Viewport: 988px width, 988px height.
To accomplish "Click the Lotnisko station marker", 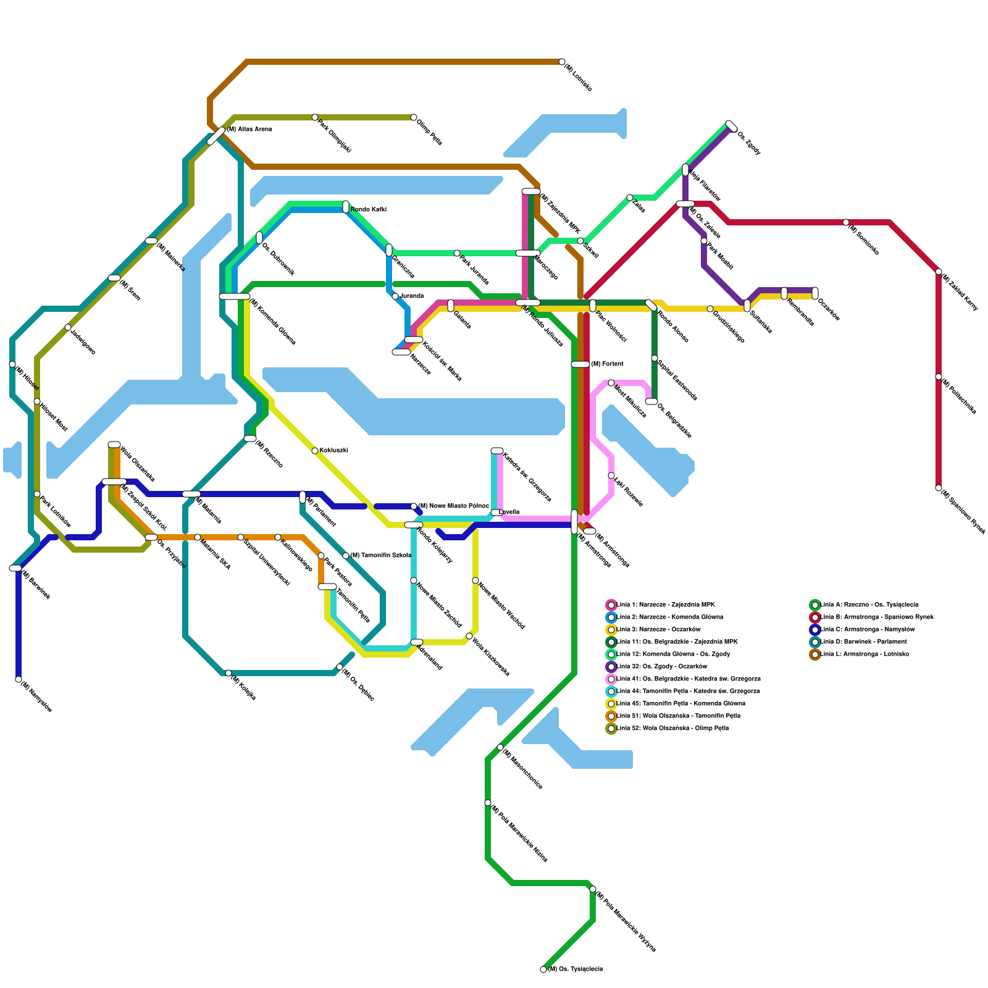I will point(562,62).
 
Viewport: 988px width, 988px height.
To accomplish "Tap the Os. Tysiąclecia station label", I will point(575,969).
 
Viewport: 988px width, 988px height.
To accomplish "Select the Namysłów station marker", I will point(19,679).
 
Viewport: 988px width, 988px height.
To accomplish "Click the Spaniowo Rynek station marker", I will point(939,488).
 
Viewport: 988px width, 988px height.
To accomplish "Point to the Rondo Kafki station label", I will point(368,210).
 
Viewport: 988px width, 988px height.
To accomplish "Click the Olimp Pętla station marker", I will point(414,117).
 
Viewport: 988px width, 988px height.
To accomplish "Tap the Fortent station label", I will point(607,364).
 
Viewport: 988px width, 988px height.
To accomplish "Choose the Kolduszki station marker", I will point(315,451).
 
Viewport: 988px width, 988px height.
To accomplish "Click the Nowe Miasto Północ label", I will point(453,506).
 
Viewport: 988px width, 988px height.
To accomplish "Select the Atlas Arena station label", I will point(249,130).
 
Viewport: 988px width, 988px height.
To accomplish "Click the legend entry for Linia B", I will point(876,617).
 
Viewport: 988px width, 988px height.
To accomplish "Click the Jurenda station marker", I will point(395,296).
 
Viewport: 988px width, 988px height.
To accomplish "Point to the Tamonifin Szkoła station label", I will point(380,556).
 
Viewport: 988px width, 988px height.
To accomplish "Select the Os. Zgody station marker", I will point(731,126).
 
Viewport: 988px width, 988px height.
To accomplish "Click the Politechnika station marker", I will point(939,377).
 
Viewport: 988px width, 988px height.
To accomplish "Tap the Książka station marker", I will point(228,673).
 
